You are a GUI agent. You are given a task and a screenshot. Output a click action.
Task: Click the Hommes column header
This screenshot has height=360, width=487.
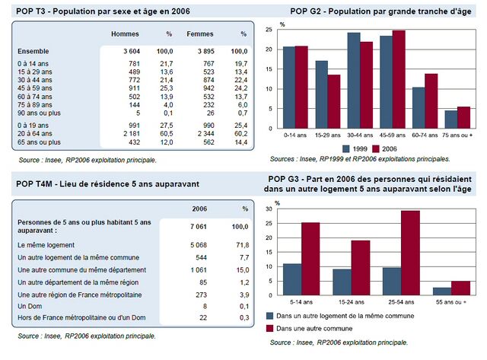[125, 35]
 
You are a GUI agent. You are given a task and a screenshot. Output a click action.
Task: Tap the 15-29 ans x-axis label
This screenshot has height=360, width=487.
[327, 135]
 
